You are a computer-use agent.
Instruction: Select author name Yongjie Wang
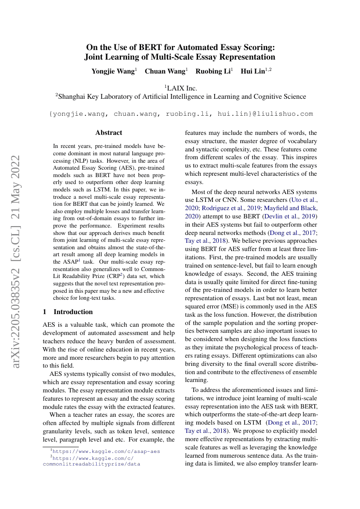pos(113,71)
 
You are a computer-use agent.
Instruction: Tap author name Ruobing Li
pos(213,71)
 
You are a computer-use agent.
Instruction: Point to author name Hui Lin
pos(253,71)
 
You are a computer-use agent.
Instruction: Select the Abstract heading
pos(109,133)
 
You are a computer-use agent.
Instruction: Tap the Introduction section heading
pos(73,312)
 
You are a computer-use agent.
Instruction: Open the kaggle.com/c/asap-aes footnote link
pos(106,452)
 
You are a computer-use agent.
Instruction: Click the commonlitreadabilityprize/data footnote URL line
pos(91,464)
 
